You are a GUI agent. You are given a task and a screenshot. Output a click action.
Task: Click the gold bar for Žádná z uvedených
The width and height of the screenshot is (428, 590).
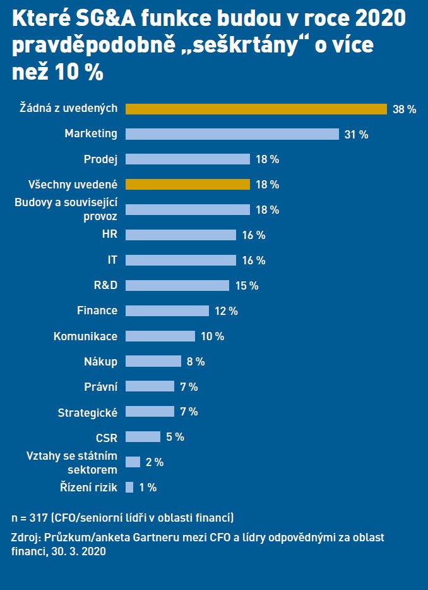click(x=256, y=109)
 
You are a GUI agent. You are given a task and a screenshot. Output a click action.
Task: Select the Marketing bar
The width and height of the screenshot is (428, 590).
click(x=232, y=134)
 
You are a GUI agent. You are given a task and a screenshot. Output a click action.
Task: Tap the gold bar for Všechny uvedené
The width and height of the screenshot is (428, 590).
click(x=188, y=185)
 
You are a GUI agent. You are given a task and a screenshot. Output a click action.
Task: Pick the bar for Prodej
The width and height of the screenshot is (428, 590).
click(x=188, y=159)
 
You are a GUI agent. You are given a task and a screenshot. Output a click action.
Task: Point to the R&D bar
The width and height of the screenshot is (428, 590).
click(x=177, y=285)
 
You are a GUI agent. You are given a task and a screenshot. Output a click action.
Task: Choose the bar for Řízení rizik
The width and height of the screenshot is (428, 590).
click(x=129, y=487)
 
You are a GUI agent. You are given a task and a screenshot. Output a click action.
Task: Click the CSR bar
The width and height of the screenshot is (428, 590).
click(x=143, y=436)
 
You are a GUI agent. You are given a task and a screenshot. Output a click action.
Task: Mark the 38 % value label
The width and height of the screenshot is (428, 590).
click(x=404, y=109)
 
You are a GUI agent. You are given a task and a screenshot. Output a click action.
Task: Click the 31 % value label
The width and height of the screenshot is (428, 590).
click(x=356, y=135)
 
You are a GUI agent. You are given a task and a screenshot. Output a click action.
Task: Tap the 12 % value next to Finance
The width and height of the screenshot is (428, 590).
click(x=226, y=311)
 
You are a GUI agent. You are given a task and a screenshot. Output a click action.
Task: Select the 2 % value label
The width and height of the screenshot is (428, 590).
click(x=154, y=462)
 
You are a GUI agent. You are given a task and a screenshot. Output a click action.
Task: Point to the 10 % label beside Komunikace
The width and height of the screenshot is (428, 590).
click(x=212, y=336)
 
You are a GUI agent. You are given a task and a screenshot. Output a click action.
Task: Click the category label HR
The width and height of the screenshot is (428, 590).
click(x=109, y=235)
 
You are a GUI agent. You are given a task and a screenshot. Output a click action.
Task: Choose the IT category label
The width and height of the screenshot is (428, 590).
click(x=112, y=260)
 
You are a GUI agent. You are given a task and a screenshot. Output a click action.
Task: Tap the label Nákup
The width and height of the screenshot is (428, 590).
click(x=100, y=361)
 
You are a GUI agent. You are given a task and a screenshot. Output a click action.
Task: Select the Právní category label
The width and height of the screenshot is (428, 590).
click(x=101, y=386)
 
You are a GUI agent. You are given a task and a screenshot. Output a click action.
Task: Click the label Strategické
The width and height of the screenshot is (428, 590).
click(x=88, y=412)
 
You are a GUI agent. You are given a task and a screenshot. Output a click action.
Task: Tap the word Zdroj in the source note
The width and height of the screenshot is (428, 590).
click(x=24, y=538)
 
